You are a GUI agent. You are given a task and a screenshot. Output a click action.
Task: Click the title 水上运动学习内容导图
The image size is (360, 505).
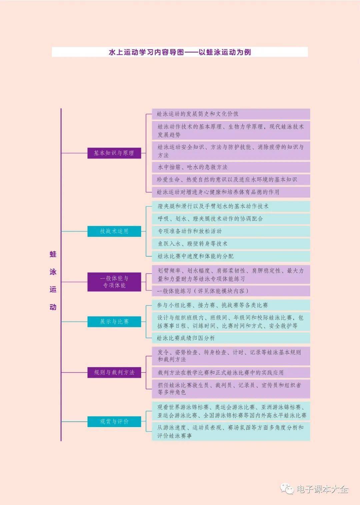[180, 52]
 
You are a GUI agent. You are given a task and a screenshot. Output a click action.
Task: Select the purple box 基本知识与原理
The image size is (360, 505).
[114, 153]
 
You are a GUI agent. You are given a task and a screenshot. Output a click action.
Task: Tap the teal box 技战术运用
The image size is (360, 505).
[114, 231]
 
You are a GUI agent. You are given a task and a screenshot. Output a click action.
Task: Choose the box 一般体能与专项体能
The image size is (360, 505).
[114, 282]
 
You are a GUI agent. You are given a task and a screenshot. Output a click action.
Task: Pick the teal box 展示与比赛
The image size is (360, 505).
[114, 321]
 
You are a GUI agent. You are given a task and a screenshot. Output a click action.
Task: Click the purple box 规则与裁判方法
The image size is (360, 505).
[114, 372]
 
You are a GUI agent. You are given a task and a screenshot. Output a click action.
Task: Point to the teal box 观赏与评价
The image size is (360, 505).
[114, 421]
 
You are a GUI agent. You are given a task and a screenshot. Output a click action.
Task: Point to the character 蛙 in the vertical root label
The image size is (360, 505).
[53, 254]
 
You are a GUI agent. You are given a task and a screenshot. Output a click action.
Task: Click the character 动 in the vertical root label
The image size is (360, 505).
[53, 307]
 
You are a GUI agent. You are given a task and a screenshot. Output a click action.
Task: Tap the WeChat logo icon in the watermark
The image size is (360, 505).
[287, 489]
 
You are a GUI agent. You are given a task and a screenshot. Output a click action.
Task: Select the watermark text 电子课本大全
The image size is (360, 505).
[322, 489]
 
